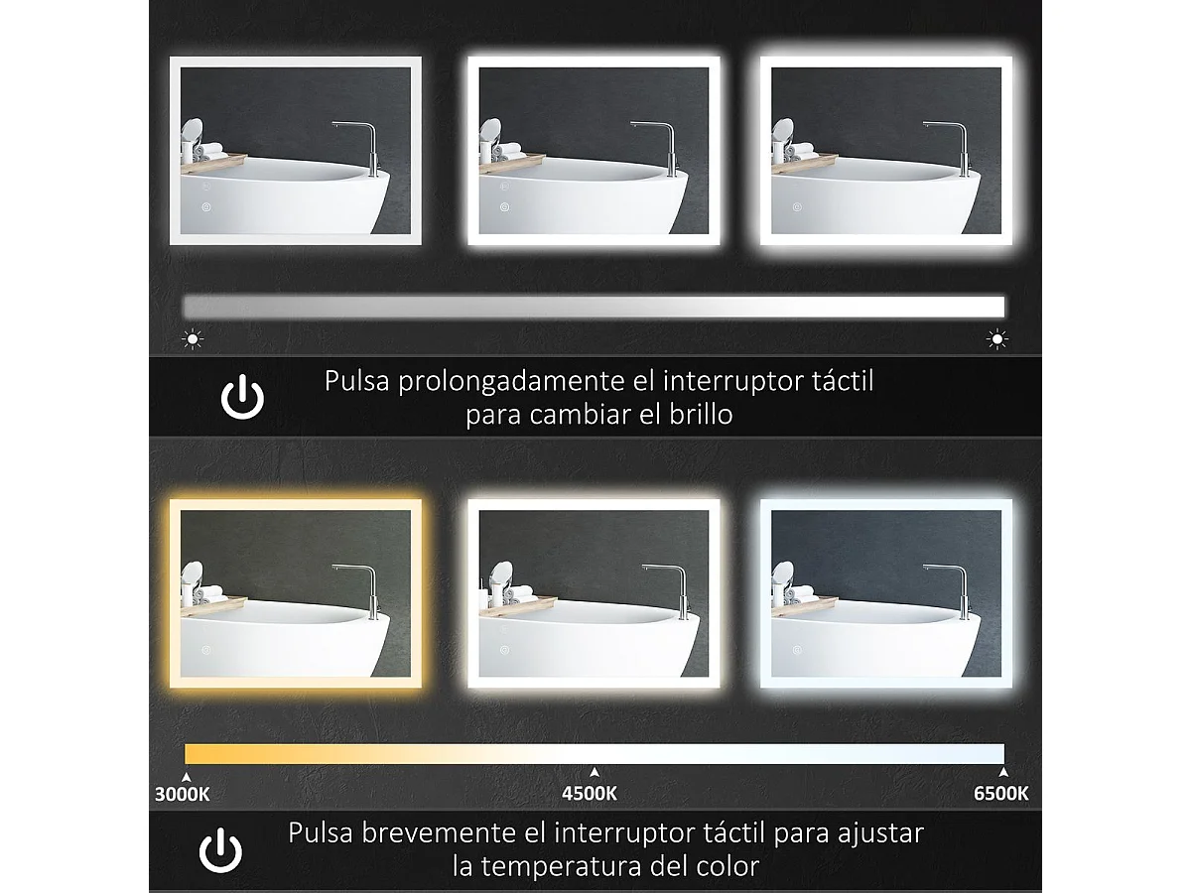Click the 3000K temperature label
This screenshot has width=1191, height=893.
click(x=183, y=793)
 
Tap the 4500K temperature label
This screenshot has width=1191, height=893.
click(x=590, y=793)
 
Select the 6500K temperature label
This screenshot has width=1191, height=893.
click(x=1000, y=793)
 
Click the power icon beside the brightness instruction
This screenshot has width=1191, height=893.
click(x=242, y=397)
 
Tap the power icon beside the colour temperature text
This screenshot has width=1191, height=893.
click(x=220, y=850)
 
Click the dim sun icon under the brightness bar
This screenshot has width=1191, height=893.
click(x=193, y=339)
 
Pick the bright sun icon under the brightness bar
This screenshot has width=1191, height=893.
click(x=997, y=339)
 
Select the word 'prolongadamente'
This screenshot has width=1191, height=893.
click(x=500, y=382)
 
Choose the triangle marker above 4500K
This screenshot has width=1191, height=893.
click(x=594, y=772)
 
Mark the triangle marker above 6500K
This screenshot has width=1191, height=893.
click(x=1003, y=772)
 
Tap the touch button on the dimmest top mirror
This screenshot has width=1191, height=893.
click(x=207, y=207)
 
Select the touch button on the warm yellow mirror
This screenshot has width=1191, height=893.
click(x=207, y=651)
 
